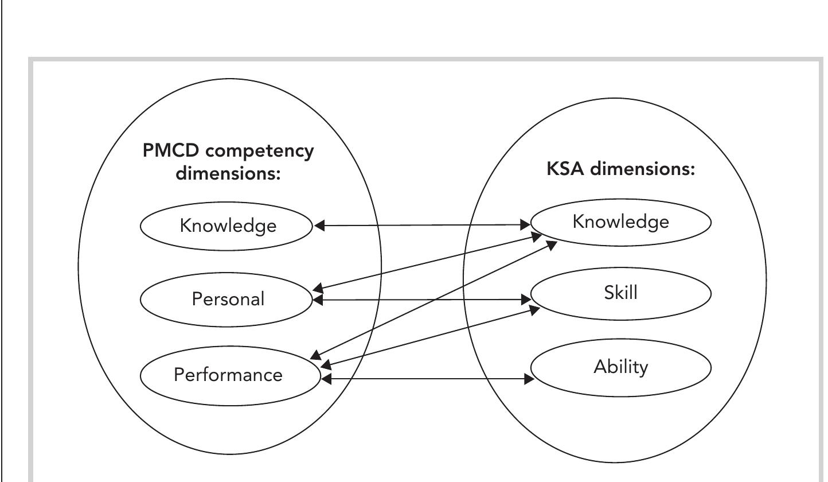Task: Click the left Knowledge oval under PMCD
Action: pos(228,226)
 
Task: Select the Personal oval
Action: pos(228,299)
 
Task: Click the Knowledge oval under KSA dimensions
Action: pos(620,221)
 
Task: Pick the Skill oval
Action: pos(620,293)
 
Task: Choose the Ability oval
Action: pos(620,367)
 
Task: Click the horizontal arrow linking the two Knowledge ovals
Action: pos(424,226)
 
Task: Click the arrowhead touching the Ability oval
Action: pos(528,379)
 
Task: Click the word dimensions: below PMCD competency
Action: pos(228,173)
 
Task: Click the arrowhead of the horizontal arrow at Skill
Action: pos(526,300)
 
